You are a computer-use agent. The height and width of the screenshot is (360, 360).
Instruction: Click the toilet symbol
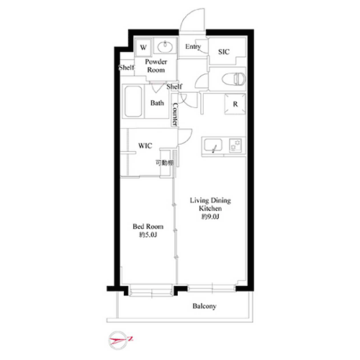pyautogui.click(x=234, y=79)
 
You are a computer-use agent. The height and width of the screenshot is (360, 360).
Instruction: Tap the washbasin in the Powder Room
pyautogui.click(x=165, y=46)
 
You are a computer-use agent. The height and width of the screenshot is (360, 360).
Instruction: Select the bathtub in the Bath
pyautogui.click(x=133, y=102)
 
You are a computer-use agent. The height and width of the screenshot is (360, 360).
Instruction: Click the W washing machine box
pyautogui.click(x=143, y=47)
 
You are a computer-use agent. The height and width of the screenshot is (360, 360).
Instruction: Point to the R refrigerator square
pyautogui.click(x=235, y=104)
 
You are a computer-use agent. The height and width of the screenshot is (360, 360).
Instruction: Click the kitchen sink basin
pyautogui.click(x=213, y=145)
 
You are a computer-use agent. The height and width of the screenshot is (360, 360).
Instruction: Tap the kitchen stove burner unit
pyautogui.click(x=235, y=145)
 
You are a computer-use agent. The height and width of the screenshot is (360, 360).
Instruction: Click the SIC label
pyautogui.click(x=224, y=52)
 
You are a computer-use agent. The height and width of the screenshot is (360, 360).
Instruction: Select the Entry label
pyautogui.click(x=193, y=47)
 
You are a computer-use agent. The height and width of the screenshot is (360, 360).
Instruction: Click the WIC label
pyautogui.click(x=145, y=145)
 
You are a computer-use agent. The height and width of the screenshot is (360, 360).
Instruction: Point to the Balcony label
pyautogui.click(x=204, y=306)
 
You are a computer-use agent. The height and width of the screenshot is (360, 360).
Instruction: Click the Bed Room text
pyautogui.click(x=148, y=226)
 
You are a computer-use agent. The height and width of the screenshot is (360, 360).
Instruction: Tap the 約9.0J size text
pyautogui.click(x=210, y=217)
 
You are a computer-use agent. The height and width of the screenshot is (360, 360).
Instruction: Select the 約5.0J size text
pyautogui.click(x=148, y=235)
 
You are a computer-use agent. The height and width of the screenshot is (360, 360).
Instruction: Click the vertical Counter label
pyautogui.click(x=175, y=114)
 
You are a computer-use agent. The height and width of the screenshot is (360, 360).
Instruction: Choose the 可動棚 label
pyautogui.click(x=164, y=163)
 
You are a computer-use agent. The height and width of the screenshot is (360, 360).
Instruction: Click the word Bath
pyautogui.click(x=157, y=103)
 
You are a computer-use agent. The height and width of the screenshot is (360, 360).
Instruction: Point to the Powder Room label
pyautogui.click(x=156, y=66)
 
